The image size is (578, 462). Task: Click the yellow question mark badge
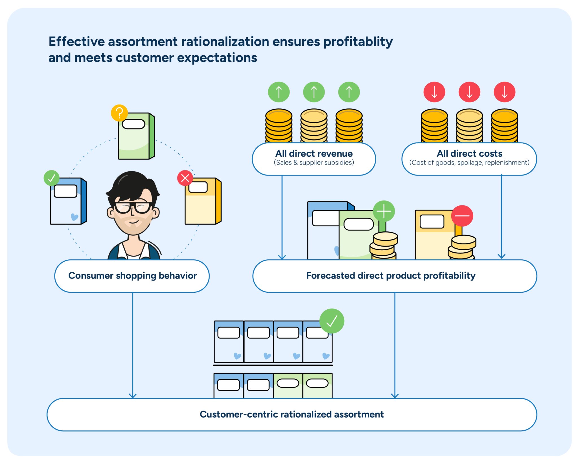click(x=119, y=113)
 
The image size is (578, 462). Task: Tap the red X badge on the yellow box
click(x=185, y=178)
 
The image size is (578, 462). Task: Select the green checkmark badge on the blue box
click(x=52, y=178)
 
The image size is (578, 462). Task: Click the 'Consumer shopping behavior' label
click(x=132, y=275)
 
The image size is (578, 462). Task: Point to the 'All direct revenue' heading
click(x=314, y=154)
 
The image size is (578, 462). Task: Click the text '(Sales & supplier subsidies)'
click(x=314, y=163)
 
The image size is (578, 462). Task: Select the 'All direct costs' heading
click(x=469, y=154)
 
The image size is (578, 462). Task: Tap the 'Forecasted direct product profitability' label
click(x=391, y=275)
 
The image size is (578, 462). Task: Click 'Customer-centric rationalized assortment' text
click(x=292, y=414)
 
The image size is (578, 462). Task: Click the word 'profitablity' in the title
click(x=358, y=42)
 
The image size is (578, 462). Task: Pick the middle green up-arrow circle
click(x=314, y=92)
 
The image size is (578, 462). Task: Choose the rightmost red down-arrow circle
click(x=504, y=92)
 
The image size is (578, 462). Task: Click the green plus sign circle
click(x=384, y=211)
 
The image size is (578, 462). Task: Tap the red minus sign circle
click(x=462, y=216)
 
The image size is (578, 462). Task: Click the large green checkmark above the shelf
click(x=332, y=321)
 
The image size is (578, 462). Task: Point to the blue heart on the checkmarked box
click(x=75, y=217)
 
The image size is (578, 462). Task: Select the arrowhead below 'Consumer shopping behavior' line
click(x=133, y=396)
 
